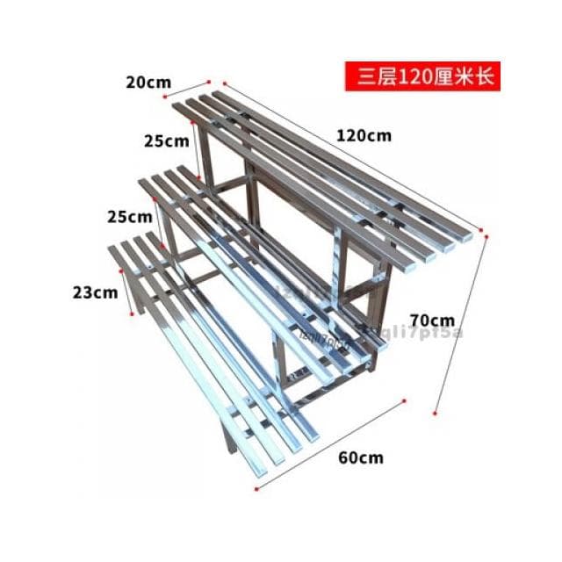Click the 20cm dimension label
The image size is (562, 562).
(x=148, y=83)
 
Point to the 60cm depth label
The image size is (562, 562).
(x=361, y=458)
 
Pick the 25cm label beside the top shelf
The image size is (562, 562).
(x=168, y=140)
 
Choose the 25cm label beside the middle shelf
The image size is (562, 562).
(x=128, y=216)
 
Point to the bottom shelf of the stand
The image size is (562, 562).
(x=211, y=342)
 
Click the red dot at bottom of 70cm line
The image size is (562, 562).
(x=436, y=412)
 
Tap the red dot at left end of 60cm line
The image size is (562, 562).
(x=256, y=489)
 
